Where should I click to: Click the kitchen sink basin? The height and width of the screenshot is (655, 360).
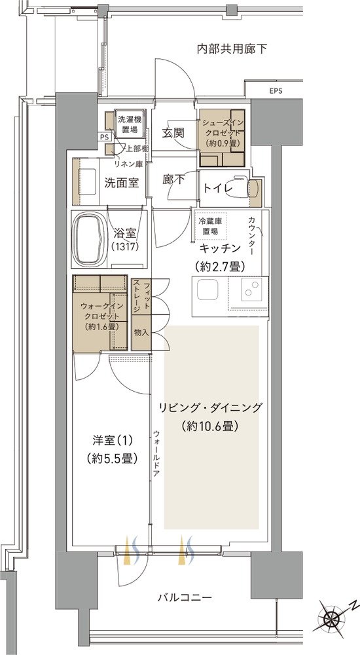coord(207,290)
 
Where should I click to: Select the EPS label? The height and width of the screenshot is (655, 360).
coord(276,91)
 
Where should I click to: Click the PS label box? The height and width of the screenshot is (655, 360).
coord(103,137)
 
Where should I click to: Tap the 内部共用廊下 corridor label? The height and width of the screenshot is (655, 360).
coord(232,49)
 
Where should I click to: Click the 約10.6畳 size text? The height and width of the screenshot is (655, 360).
coord(210,426)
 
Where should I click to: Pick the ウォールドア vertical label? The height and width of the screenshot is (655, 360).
coord(155,453)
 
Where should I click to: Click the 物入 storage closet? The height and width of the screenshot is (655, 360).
coord(141,332)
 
